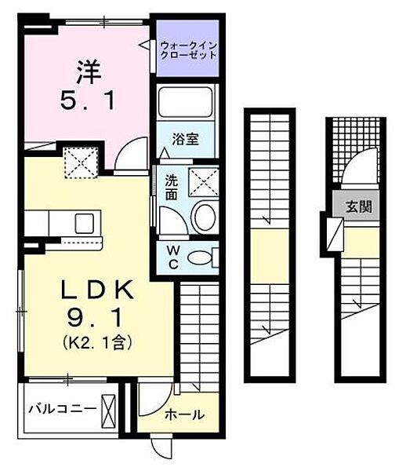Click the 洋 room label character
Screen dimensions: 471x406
click(85, 72)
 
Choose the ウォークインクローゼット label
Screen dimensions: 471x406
click(187, 49)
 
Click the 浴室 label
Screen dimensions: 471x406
click(186, 140)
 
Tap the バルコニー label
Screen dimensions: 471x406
click(63, 409)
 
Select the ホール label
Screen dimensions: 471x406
click(186, 414)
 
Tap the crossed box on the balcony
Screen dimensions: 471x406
click(108, 408)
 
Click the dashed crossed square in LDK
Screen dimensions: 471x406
click(79, 163)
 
